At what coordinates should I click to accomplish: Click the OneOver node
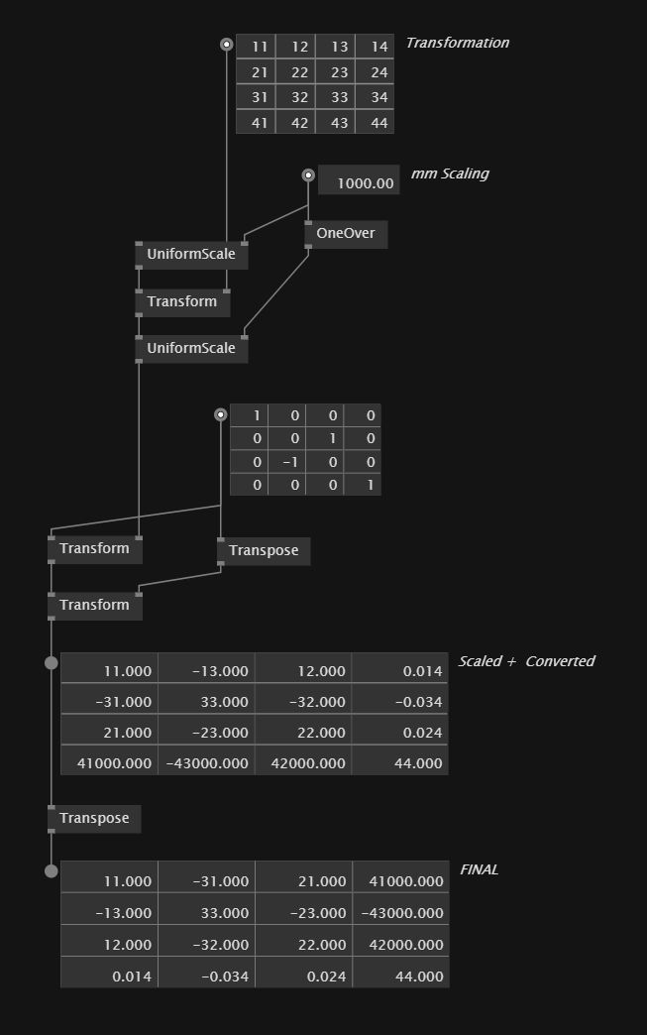click(x=345, y=235)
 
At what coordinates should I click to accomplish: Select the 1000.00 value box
click(x=359, y=182)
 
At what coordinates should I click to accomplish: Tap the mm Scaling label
click(x=449, y=173)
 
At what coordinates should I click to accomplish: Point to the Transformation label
click(x=457, y=43)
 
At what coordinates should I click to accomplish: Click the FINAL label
click(x=479, y=869)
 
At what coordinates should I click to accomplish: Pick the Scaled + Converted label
click(x=525, y=661)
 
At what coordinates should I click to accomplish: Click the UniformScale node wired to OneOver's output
click(x=191, y=348)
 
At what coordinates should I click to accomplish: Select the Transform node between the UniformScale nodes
click(x=182, y=301)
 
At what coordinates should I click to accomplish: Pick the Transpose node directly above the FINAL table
click(x=94, y=818)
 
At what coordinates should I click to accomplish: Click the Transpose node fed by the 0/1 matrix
click(x=264, y=550)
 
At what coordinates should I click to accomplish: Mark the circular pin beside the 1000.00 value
click(x=308, y=175)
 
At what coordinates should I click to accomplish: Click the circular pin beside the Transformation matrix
click(x=226, y=45)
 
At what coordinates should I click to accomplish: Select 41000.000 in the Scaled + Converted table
click(x=112, y=762)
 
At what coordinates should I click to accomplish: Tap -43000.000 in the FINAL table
click(x=401, y=913)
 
